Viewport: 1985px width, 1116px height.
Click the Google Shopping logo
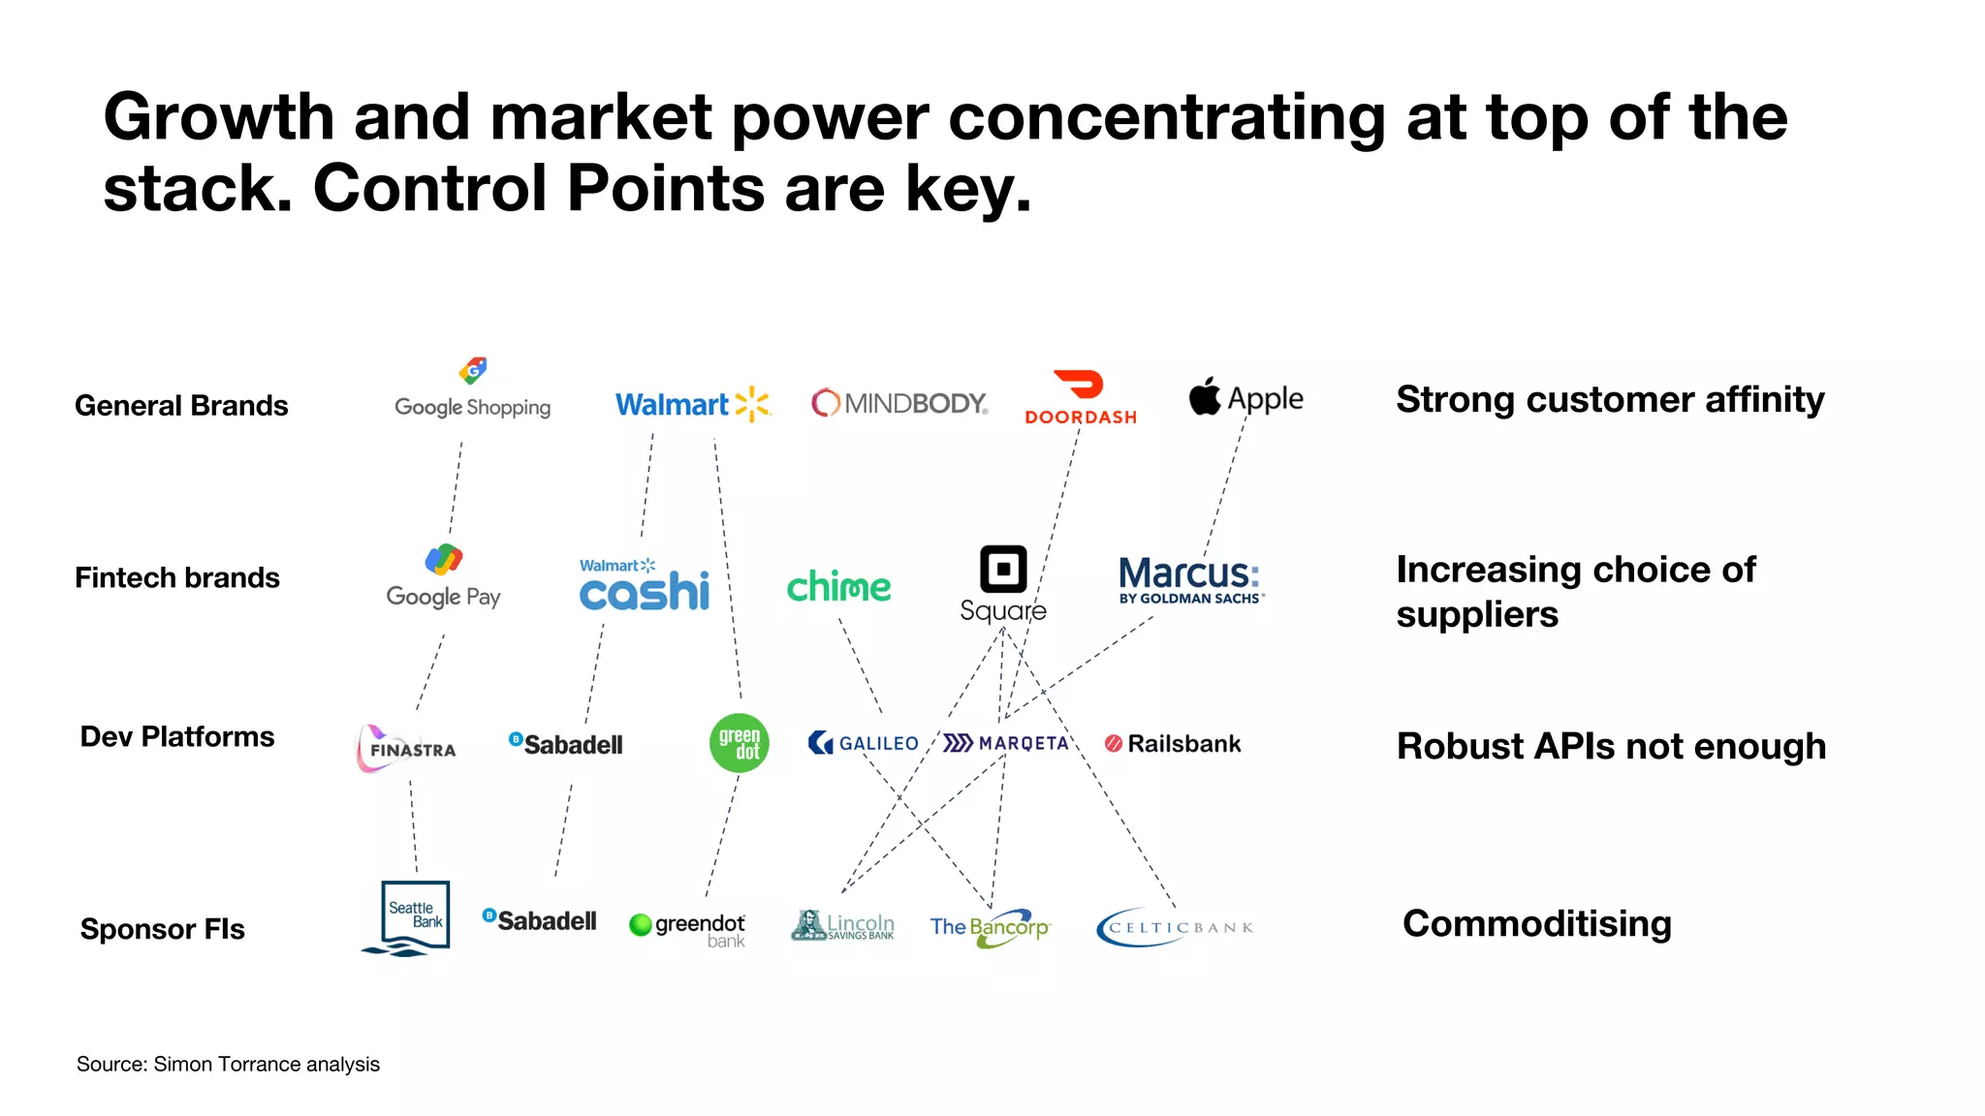tap(472, 391)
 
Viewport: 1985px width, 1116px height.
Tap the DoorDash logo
tap(1081, 398)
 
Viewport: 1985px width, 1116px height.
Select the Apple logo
tap(1245, 397)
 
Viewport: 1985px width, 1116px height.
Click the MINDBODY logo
tap(899, 403)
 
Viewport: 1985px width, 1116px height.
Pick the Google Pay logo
tap(443, 577)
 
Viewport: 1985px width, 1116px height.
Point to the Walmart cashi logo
tap(645, 585)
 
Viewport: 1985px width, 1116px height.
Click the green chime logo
tap(838, 587)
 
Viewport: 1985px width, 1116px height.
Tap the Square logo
tap(1003, 583)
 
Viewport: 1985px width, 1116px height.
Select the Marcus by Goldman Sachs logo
tap(1191, 579)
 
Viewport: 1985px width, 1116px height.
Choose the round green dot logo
tap(740, 743)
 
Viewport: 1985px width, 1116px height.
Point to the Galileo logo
tap(863, 743)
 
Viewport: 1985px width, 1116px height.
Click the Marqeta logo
tap(1006, 743)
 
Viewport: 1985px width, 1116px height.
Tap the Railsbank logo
tap(1173, 744)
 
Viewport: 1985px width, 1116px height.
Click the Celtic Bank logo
tap(1174, 927)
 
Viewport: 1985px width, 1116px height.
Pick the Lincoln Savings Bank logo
tap(842, 926)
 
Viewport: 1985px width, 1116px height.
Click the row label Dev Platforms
tap(177, 736)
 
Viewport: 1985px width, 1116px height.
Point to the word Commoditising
tap(1536, 923)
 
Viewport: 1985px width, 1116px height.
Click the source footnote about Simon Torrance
tap(228, 1064)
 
